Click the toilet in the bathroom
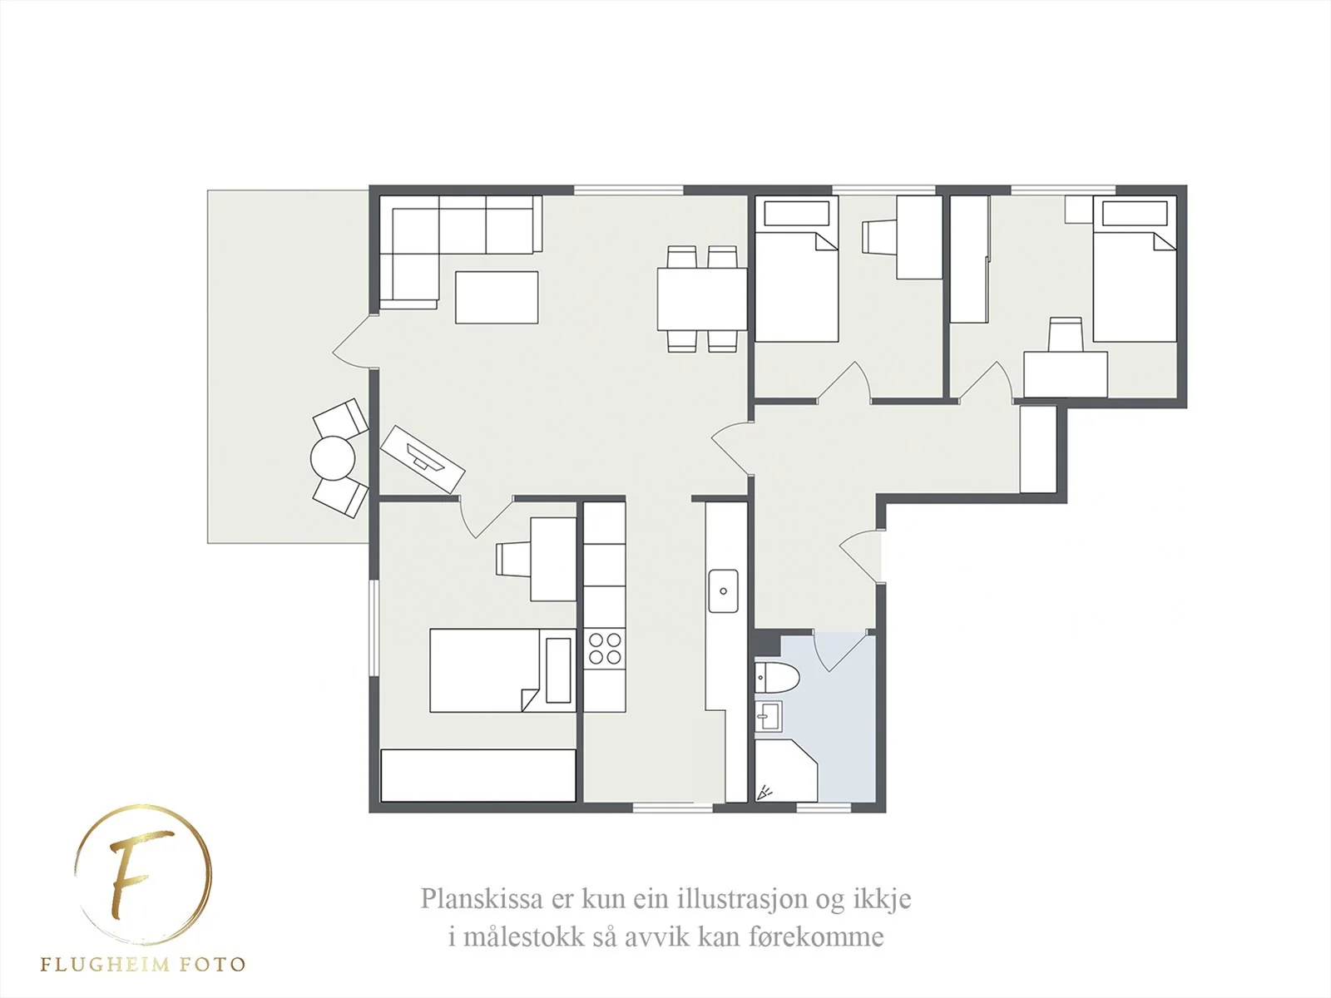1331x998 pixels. click(x=776, y=678)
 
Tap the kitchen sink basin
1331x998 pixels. click(x=724, y=590)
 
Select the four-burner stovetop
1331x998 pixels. click(x=605, y=649)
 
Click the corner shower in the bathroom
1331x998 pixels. click(x=785, y=770)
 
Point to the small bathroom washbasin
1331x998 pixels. click(x=769, y=716)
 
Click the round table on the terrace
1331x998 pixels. click(x=332, y=458)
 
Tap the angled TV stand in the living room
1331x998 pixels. click(x=423, y=459)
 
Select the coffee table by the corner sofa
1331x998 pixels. click(x=497, y=297)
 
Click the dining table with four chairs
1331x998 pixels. click(x=701, y=299)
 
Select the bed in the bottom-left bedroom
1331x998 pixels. click(x=502, y=670)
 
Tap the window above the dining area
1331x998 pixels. click(x=629, y=190)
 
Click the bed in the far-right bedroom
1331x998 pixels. click(x=1135, y=269)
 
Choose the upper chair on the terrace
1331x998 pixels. click(x=341, y=417)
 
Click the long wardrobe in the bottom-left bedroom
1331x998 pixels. click(x=477, y=776)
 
